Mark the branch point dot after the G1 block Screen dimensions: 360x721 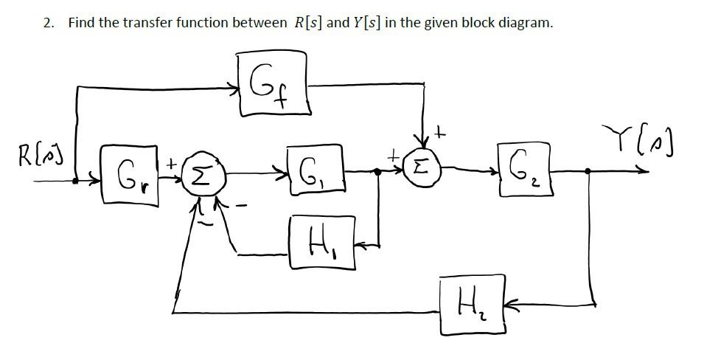click(378, 171)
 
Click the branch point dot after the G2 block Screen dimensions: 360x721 click(588, 171)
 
